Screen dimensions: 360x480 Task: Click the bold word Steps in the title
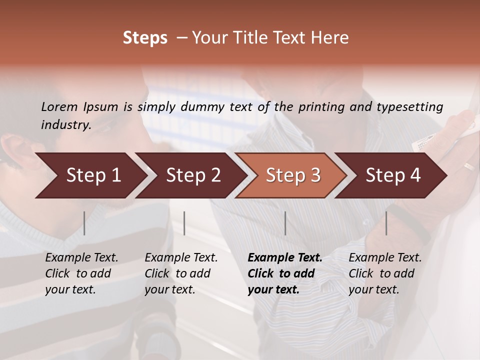(145, 38)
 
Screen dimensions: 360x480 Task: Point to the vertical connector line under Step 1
(84, 223)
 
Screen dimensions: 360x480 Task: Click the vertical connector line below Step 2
(184, 223)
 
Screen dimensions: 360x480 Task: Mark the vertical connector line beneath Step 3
(285, 223)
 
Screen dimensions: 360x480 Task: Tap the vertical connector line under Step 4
(386, 223)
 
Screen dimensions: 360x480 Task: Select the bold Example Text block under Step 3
(285, 273)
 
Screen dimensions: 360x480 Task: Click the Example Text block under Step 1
(81, 273)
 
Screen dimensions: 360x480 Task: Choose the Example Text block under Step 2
(181, 273)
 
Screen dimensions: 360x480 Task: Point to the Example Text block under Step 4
(385, 273)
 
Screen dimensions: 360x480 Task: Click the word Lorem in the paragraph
(59, 106)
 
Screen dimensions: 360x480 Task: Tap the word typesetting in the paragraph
(409, 106)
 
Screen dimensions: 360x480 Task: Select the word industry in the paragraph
(65, 124)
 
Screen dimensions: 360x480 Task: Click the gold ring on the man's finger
(468, 166)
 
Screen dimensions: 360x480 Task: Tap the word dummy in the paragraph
(204, 106)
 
